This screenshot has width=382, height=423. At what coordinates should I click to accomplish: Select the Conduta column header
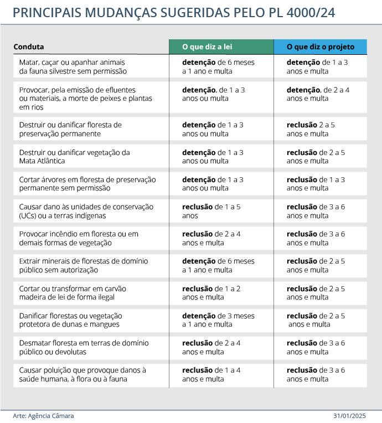(29, 47)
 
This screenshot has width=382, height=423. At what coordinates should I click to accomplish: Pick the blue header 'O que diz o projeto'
(321, 47)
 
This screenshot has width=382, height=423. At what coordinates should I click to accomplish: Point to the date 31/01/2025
(350, 416)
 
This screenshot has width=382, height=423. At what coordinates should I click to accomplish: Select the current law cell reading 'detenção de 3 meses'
(218, 320)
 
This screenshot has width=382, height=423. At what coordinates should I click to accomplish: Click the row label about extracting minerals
(84, 265)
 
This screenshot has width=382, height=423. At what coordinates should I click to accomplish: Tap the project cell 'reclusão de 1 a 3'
(316, 184)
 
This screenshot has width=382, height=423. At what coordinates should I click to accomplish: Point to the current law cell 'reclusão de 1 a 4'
(211, 374)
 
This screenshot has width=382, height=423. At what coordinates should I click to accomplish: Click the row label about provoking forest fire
(79, 238)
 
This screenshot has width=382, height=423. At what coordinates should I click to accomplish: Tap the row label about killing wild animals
(73, 67)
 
